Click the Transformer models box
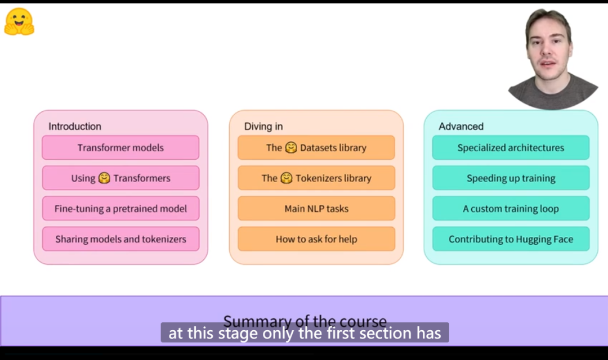point(120,148)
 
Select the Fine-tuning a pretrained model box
point(120,209)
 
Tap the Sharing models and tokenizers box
point(120,239)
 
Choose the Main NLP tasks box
point(316,209)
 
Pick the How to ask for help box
point(316,239)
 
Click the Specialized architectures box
point(511,148)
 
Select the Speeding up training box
point(511,178)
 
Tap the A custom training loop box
point(511,209)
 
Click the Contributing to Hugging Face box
point(511,239)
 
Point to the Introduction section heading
point(75,127)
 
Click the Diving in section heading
point(263,127)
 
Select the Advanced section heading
point(461,127)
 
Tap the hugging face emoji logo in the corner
point(19,22)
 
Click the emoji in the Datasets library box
point(290,148)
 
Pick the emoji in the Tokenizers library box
point(286,178)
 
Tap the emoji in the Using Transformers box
point(104,178)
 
